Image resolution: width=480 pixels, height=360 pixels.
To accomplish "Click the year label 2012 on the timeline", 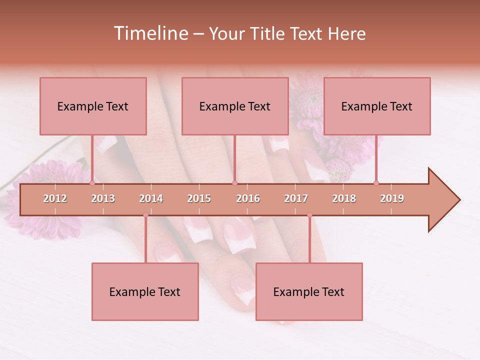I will (x=55, y=198).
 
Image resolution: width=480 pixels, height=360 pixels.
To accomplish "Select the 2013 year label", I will (x=103, y=198).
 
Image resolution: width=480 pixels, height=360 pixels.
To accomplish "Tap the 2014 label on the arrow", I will (x=151, y=198).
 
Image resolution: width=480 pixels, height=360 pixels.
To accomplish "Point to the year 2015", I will (x=199, y=198).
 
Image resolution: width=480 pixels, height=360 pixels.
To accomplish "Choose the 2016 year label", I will (x=248, y=198).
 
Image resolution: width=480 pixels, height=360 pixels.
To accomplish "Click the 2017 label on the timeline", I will (x=296, y=198).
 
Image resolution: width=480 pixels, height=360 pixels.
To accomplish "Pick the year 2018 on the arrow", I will (x=344, y=198).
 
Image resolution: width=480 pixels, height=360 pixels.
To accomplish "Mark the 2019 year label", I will (x=392, y=198).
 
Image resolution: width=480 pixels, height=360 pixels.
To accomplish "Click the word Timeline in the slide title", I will (x=150, y=33).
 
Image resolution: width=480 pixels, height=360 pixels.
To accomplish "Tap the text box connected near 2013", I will (x=93, y=106).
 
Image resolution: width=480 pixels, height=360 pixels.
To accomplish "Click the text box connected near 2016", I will (x=235, y=106).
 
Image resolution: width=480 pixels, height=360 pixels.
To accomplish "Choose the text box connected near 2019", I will (x=377, y=106).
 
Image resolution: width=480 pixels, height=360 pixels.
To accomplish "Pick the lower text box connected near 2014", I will (x=145, y=291).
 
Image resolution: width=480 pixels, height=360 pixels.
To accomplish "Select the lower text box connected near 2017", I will (x=309, y=291).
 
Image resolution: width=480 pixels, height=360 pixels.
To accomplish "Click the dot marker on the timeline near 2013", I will (x=92, y=183).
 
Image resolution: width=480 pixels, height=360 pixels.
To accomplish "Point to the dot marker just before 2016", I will (x=234, y=183).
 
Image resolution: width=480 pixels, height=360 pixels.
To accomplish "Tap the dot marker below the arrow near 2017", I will (x=309, y=215).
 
